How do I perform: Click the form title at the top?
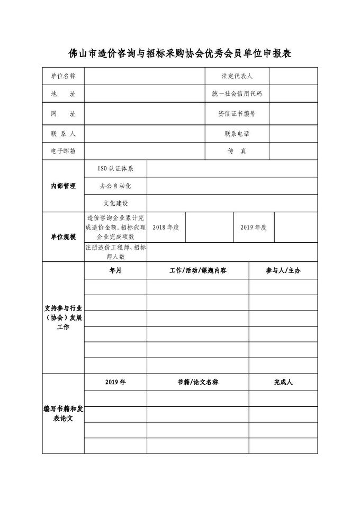[x=181, y=54]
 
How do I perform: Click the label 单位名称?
[x=63, y=76]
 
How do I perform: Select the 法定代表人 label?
[x=237, y=76]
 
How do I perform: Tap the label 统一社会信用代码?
[x=237, y=94]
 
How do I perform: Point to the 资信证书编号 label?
[x=237, y=114]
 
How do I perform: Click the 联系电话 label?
[x=237, y=133]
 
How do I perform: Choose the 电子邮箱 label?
[x=63, y=151]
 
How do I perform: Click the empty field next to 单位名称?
[x=144, y=76]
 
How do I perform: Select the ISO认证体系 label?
[x=115, y=169]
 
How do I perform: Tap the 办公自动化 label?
[x=115, y=186]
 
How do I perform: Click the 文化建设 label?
[x=115, y=203]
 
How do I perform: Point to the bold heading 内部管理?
[x=63, y=186]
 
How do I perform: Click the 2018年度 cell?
[x=166, y=227]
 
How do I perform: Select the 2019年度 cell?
[x=254, y=227]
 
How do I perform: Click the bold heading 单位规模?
[x=63, y=237]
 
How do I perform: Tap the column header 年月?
[x=115, y=270]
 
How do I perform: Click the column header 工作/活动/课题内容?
[x=197, y=270]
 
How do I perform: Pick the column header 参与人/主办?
[x=283, y=270]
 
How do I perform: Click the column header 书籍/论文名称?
[x=197, y=382]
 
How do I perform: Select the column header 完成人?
[x=283, y=382]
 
